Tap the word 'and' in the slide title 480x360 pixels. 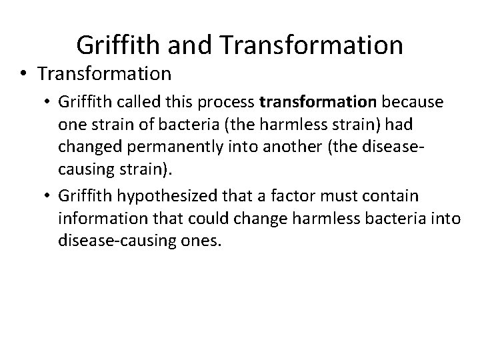190,45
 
